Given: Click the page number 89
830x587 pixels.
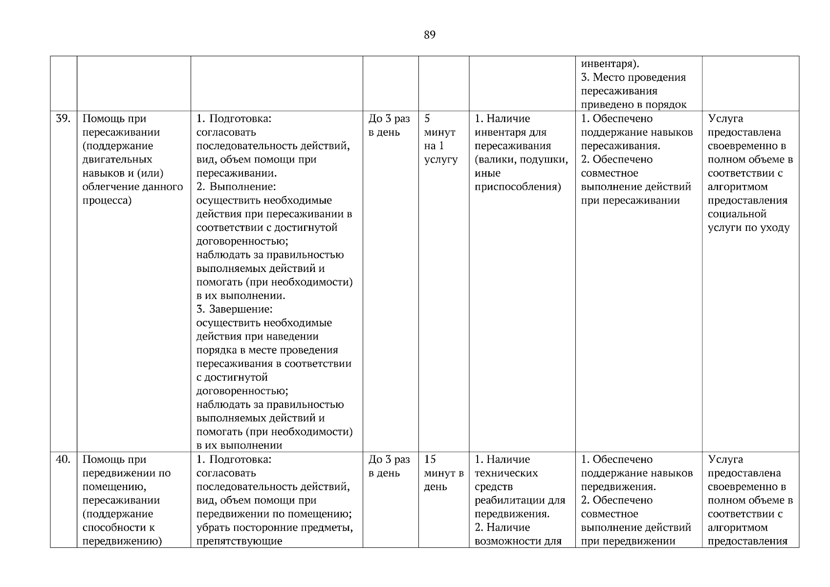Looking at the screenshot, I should point(429,35).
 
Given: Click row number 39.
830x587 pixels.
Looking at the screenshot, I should point(63,118).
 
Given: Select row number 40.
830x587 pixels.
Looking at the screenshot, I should point(63,459).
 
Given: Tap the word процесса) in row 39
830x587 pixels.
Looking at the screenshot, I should point(107,201).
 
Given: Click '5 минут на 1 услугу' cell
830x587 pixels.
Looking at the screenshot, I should point(440,139).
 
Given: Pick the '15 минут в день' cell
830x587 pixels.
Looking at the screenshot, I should point(443,473).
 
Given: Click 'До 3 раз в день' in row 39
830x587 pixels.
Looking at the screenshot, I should point(389,125).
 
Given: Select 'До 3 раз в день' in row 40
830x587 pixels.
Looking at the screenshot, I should point(389,466).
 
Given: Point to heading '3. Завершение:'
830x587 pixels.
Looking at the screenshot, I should point(234,309).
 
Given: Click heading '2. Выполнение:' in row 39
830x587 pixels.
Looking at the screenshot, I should point(236,187).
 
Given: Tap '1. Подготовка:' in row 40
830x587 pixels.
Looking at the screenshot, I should point(233,459).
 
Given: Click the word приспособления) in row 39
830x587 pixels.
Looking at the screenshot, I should point(518,187).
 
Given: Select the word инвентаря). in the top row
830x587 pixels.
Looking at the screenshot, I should point(610,64).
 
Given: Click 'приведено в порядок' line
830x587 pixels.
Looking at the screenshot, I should point(633,105).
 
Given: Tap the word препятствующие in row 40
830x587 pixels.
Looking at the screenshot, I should point(239,541).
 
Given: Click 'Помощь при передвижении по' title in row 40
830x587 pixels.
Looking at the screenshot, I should point(126,466).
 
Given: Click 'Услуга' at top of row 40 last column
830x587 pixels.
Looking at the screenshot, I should point(725,459).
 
